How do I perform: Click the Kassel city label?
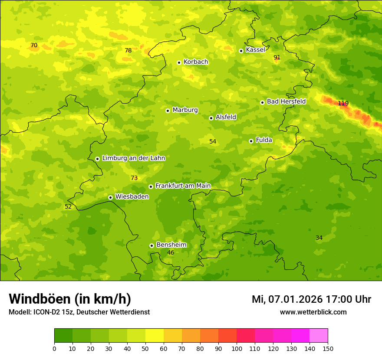(x=255, y=50)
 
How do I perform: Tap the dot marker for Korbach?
(x=179, y=62)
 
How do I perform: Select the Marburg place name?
(x=185, y=110)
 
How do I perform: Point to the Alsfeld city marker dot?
(x=211, y=118)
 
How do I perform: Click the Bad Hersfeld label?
(x=286, y=101)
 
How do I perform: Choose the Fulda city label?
(x=264, y=140)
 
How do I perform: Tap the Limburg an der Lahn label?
(x=133, y=158)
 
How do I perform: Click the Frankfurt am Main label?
(x=183, y=186)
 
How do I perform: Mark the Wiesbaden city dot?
(x=110, y=197)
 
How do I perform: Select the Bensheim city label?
(x=171, y=245)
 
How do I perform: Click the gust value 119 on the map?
(x=343, y=103)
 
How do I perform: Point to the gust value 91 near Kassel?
(x=277, y=57)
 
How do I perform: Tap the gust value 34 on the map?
(x=319, y=238)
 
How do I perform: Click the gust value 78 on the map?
(x=128, y=50)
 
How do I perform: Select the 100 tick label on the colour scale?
(x=237, y=348)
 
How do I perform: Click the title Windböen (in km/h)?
(x=70, y=299)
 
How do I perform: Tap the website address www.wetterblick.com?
(x=313, y=312)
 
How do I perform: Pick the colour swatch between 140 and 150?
(x=319, y=336)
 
